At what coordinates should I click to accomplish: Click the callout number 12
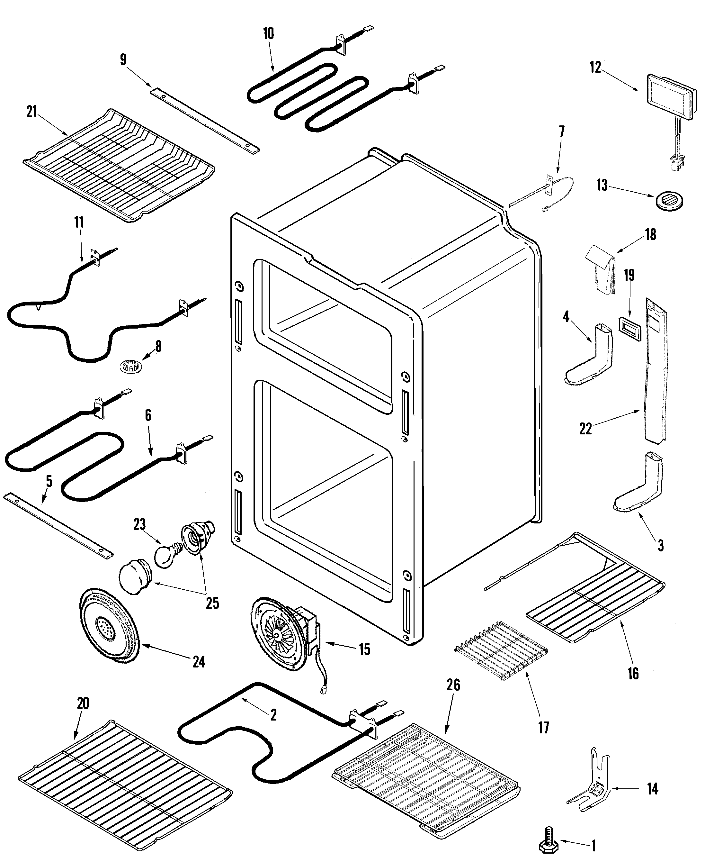tap(595, 67)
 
